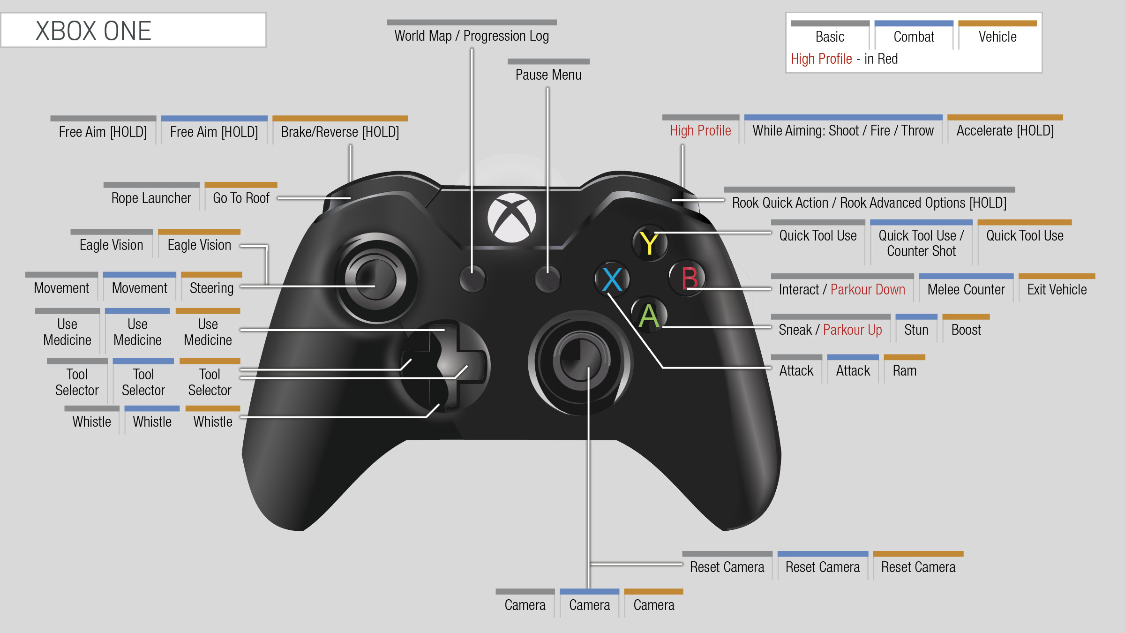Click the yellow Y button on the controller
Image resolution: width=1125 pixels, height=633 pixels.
[650, 243]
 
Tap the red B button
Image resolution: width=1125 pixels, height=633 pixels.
[688, 278]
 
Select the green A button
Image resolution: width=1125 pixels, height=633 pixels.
[649, 315]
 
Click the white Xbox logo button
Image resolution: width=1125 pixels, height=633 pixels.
[511, 218]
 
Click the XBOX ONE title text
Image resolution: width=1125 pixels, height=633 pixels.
[93, 31]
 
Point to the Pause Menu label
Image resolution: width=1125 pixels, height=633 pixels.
[548, 75]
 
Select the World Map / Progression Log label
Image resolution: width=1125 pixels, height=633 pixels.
[472, 36]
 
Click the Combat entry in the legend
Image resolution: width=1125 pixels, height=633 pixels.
[914, 37]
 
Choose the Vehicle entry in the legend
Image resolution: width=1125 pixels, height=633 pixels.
[997, 37]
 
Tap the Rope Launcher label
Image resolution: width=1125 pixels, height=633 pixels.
[151, 198]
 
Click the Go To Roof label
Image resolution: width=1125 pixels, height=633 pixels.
[241, 198]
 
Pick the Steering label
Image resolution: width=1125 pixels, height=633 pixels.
[211, 288]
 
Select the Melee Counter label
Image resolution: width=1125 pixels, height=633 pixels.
[966, 290]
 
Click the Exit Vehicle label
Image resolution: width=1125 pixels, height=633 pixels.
[1057, 290]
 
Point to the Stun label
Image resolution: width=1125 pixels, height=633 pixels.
[916, 330]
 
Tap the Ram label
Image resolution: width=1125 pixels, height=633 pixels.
[905, 371]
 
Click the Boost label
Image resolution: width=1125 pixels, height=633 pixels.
[966, 330]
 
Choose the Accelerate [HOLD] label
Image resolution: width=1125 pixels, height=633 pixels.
[1005, 131]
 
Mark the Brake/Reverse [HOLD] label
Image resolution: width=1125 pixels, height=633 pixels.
[340, 132]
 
